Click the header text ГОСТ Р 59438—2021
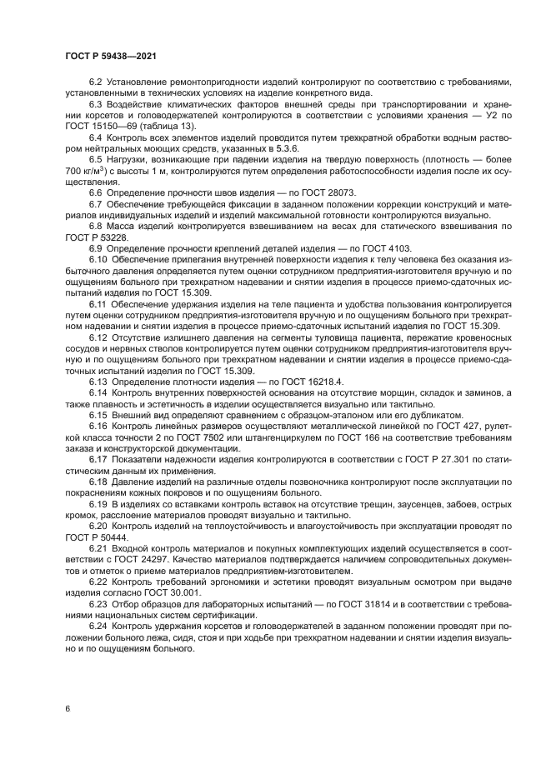[x=111, y=56]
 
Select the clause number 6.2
[x=94, y=82]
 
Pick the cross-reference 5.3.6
[x=275, y=147]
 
